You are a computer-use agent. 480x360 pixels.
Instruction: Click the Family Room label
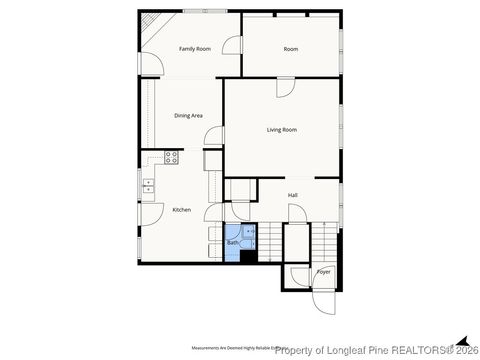point(194,49)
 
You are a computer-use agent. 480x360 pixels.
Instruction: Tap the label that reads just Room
point(290,49)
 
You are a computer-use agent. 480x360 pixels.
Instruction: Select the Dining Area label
point(188,116)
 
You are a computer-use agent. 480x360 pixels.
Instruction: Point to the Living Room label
point(281,130)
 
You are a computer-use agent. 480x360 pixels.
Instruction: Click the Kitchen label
point(181,209)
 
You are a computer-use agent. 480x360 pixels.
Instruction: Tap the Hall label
point(292,195)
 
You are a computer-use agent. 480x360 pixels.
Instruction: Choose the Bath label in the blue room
point(232,243)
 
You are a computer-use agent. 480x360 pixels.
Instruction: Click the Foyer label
point(323,271)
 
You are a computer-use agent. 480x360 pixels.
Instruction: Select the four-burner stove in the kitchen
point(171,157)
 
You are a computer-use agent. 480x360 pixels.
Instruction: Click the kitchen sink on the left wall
point(148,184)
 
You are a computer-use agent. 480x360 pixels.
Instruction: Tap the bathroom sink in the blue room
point(251,232)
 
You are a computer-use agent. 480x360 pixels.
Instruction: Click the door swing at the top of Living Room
point(285,88)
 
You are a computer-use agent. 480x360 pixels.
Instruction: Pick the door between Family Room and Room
point(232,46)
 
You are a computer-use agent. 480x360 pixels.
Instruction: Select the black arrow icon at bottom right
point(461,338)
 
